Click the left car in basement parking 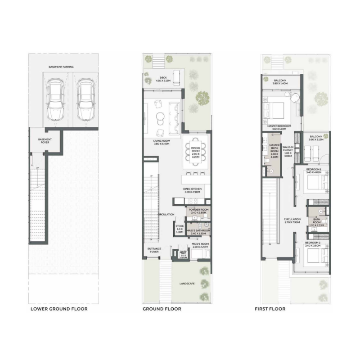click(54, 101)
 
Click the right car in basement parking click(84, 101)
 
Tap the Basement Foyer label click(45, 141)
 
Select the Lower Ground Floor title click(58, 309)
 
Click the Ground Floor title click(162, 309)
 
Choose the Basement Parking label click(62, 67)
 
